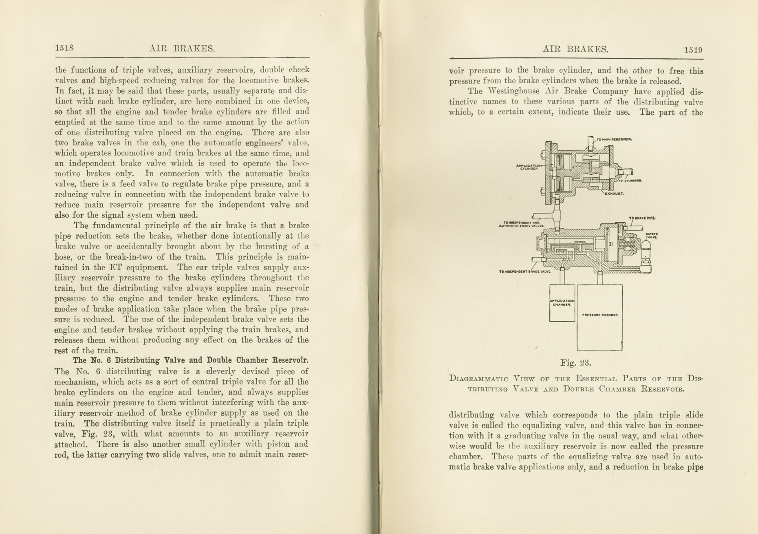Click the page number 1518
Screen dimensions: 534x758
64,48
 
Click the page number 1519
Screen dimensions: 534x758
693,50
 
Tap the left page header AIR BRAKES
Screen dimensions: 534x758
182,49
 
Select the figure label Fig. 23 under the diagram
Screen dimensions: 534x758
575,362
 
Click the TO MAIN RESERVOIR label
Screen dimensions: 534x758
614,139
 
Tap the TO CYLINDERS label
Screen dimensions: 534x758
630,181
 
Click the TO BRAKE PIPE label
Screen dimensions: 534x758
642,218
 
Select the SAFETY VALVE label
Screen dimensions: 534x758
651,236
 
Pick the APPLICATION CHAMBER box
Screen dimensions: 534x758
562,303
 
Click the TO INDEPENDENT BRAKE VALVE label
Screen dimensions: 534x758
525,271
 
